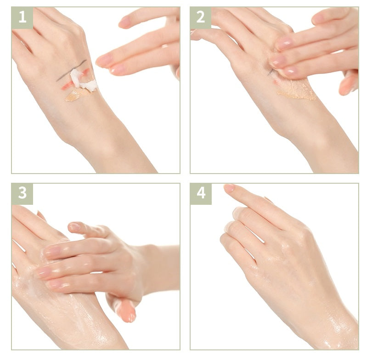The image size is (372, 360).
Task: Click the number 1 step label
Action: (x=23, y=17)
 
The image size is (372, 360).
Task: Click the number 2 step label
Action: (x=201, y=17)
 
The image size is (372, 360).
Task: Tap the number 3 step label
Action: (x=23, y=193)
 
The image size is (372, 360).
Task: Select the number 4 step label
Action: (x=201, y=193)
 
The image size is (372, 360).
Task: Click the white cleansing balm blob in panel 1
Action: (x=83, y=81)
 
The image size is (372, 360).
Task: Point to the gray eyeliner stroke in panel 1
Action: (x=71, y=70)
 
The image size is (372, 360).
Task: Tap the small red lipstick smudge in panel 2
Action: (x=276, y=82)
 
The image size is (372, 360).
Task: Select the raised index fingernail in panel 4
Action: (x=229, y=188)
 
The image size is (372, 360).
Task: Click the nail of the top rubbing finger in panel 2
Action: (x=285, y=43)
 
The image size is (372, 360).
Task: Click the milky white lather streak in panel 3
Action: (x=32, y=285)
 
